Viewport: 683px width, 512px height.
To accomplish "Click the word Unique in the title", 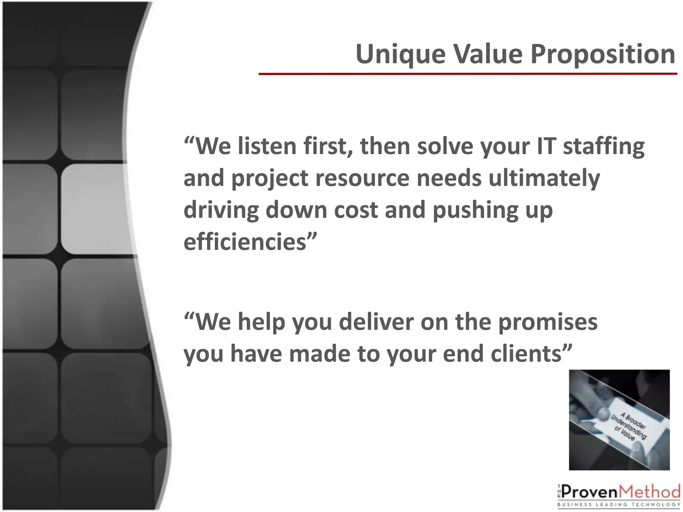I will coord(401,55).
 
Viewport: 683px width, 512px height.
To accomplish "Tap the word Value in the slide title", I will coord(488,54).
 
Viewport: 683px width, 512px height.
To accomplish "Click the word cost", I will coord(356,210).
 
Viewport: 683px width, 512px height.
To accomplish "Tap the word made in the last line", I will coord(319,354).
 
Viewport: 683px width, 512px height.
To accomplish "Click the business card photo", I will coord(619,420).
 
